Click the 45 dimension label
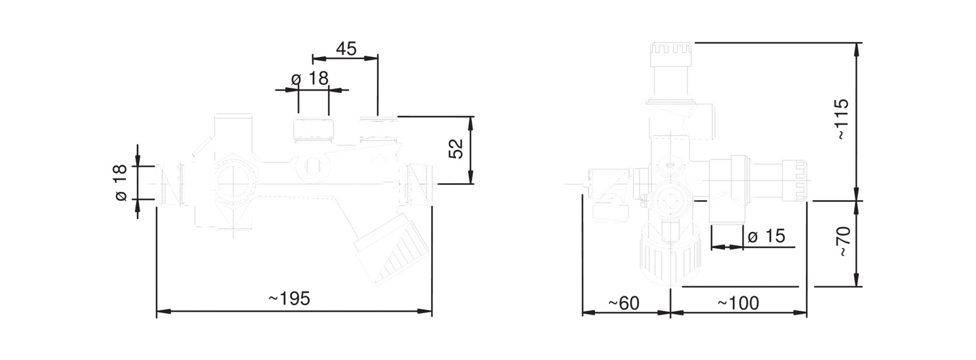346,49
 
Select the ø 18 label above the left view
310,79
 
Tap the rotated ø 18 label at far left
121,182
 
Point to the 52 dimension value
455,148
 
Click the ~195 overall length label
289,299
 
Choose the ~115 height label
842,119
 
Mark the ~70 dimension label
844,242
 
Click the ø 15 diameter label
767,236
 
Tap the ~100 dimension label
739,303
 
